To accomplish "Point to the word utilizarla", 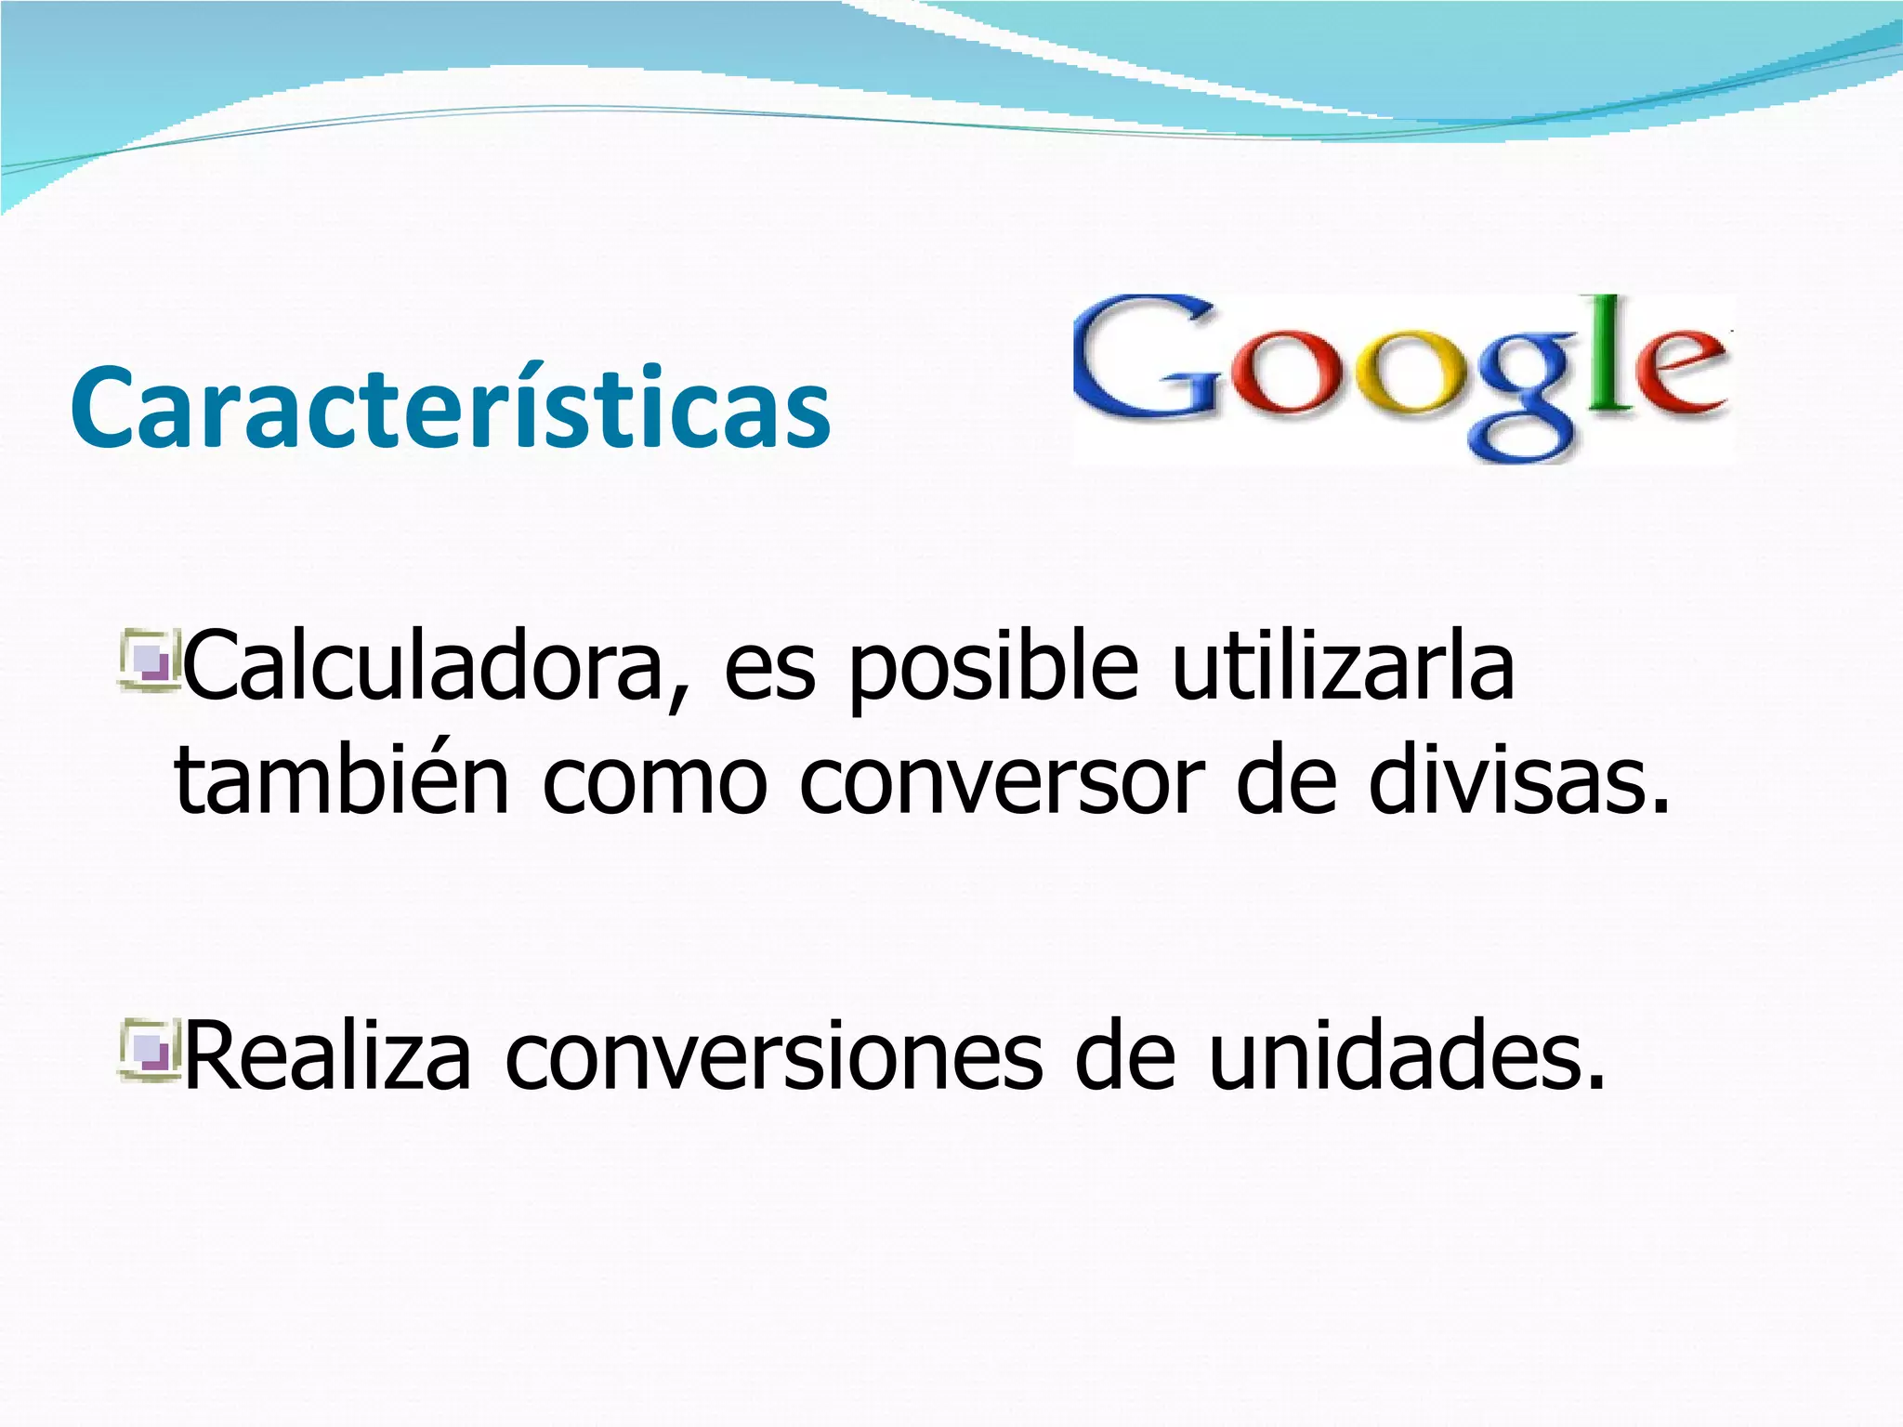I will click(x=1343, y=665).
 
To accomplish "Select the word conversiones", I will click(x=773, y=1056).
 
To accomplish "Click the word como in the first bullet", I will click(x=654, y=782).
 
